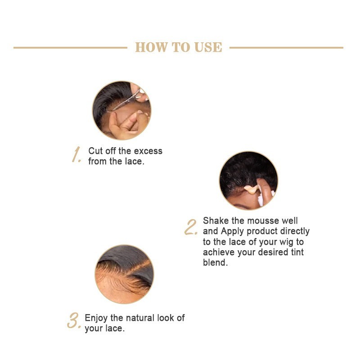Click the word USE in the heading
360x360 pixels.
pos(208,47)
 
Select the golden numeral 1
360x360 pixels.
pos(76,154)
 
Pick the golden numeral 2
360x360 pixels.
pos(191,227)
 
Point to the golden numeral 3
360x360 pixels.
pos(74,320)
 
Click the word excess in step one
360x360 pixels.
pos(148,151)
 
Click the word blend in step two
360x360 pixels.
pos(215,262)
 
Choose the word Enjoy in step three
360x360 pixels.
pos(96,318)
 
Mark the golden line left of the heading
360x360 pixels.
pos(70,48)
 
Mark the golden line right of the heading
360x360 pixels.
pos(286,48)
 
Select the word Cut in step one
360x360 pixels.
pos(95,151)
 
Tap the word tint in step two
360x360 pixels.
pos(297,252)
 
